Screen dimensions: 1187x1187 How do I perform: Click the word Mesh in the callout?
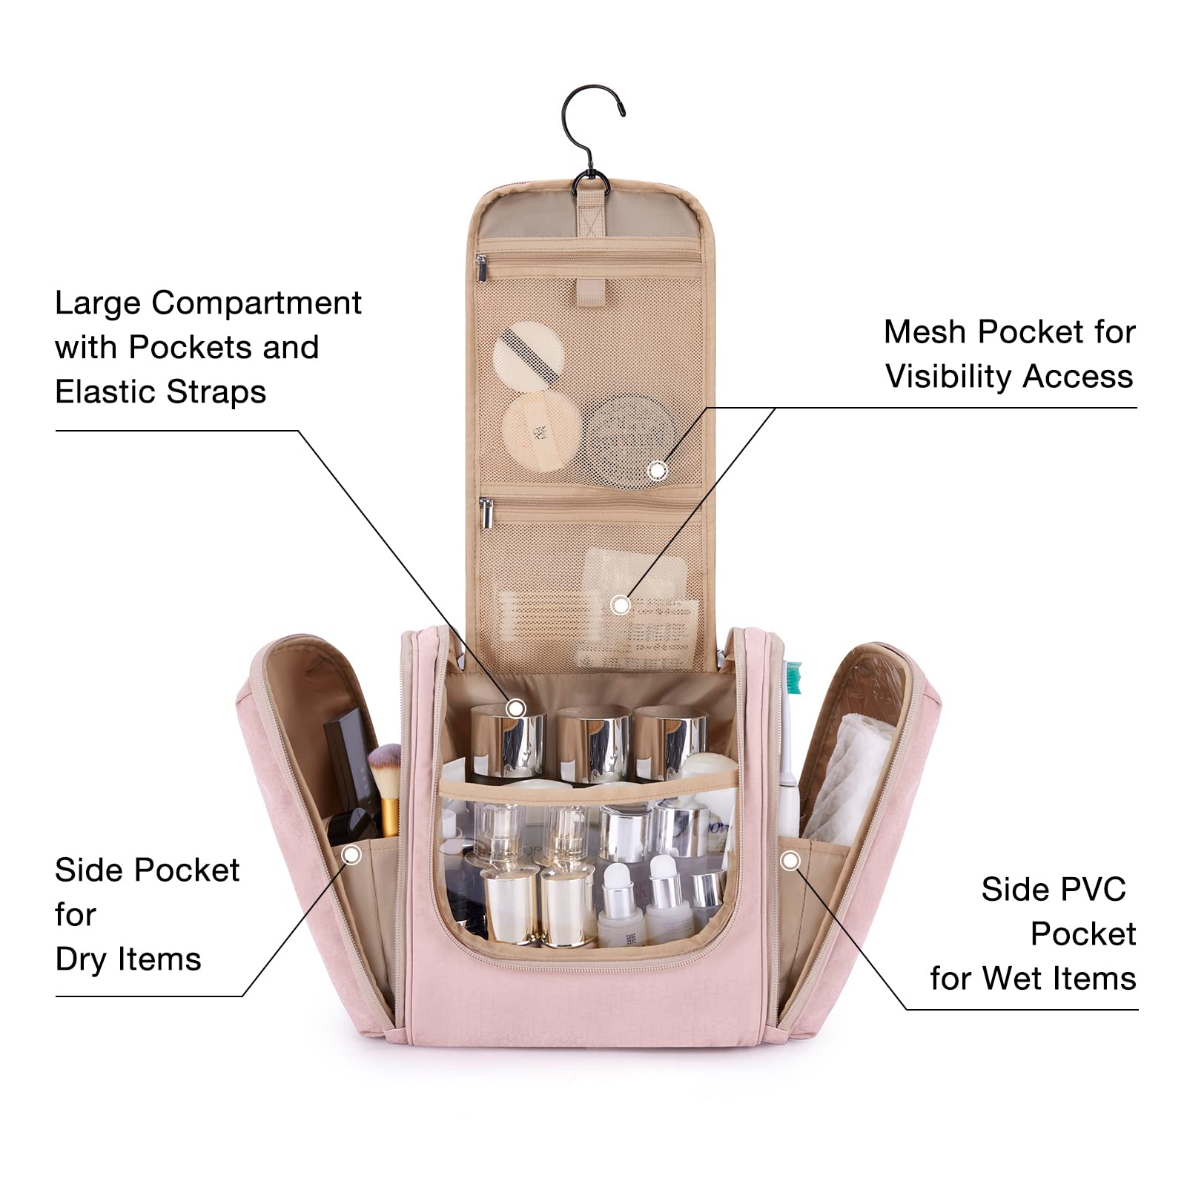tap(927, 332)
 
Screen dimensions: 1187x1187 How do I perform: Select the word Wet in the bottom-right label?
tap(1015, 979)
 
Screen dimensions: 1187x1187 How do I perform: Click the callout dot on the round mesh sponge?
tap(658, 470)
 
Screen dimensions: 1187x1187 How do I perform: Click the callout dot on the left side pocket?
tap(351, 856)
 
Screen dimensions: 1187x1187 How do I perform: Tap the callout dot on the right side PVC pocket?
tap(790, 861)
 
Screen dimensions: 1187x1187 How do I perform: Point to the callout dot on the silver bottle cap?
tap(515, 708)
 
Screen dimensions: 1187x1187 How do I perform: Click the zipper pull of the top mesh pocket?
tap(482, 268)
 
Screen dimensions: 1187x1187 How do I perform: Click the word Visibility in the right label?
tap(949, 377)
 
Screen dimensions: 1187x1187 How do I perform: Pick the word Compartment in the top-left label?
tap(257, 303)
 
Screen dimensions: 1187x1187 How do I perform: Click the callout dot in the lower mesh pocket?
tap(621, 605)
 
